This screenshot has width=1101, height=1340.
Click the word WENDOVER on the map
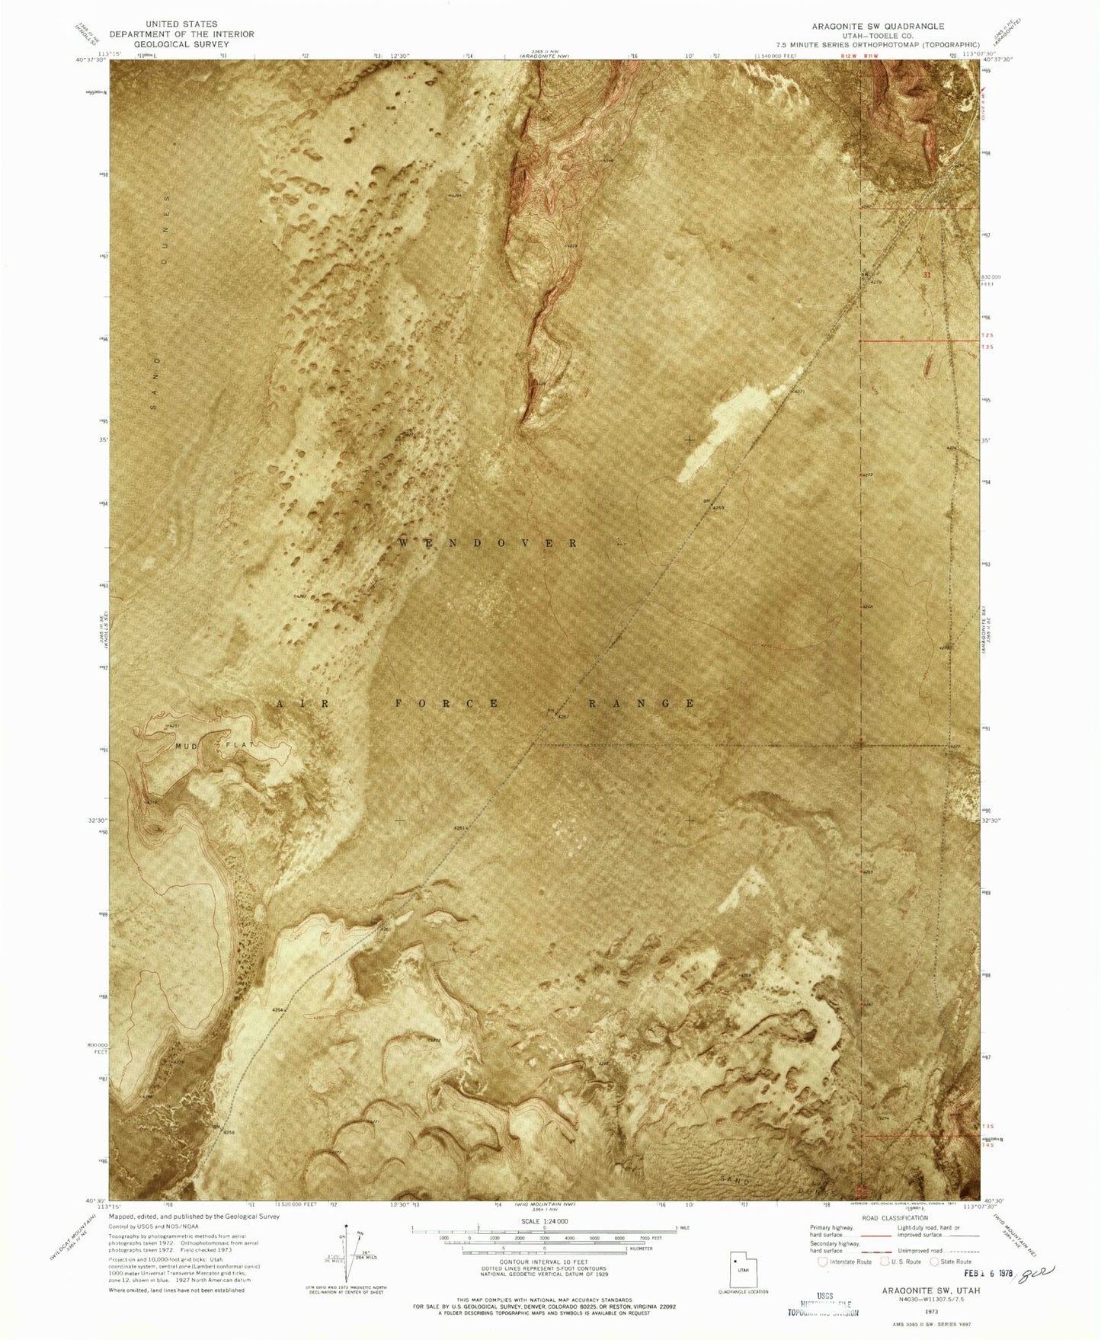[488, 543]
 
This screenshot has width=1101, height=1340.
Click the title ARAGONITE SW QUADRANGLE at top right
[878, 26]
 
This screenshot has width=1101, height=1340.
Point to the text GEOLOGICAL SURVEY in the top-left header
[181, 44]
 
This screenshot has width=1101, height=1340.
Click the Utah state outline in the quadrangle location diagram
[742, 1269]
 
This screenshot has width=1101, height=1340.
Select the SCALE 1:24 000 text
[544, 1221]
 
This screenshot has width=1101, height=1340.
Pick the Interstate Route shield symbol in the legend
[823, 1262]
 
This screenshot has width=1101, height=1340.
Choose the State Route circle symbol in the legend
[936, 1262]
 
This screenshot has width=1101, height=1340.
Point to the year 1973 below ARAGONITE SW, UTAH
[930, 1311]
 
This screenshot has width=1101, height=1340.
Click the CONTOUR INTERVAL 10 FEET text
[544, 1262]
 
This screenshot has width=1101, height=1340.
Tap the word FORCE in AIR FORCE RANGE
[447, 703]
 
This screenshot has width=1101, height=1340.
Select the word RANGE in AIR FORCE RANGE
[642, 703]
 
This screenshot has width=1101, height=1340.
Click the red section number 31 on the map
[927, 275]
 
